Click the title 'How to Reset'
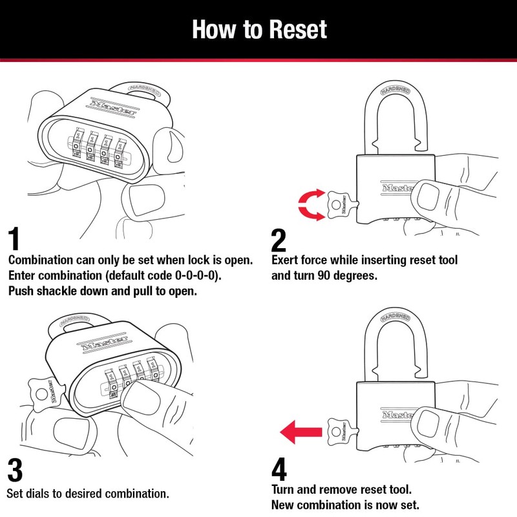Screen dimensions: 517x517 pos(259,29)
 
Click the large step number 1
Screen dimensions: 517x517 pos(19,239)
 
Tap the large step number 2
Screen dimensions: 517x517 pos(279,240)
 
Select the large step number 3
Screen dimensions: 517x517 pos(16,470)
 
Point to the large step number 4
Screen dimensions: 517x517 pos(279,470)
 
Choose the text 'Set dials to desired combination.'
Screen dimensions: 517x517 pos(88,493)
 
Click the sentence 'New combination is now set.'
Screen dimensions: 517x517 pos(346,504)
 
